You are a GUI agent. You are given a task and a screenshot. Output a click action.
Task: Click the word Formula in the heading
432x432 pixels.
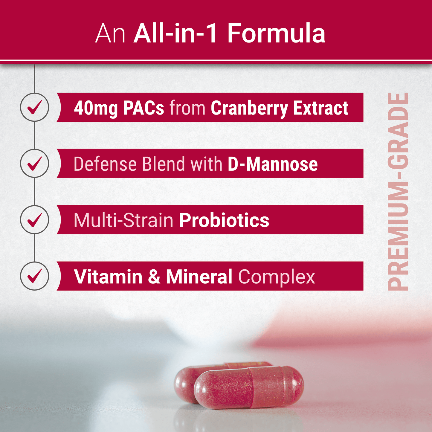[276, 33]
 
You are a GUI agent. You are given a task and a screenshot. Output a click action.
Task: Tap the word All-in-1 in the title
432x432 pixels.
[175, 33]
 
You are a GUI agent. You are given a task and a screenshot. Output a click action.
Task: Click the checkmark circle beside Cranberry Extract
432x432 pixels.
[34, 107]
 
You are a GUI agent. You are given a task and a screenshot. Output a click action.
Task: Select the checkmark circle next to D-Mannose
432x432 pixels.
[34, 163]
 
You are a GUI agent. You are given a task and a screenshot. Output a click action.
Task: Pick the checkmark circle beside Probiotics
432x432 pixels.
[34, 220]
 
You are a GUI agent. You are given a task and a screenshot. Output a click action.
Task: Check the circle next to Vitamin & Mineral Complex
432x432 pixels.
[34, 276]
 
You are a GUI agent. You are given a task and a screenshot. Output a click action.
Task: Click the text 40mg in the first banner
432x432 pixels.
[96, 108]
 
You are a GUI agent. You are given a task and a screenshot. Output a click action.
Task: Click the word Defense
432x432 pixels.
[105, 164]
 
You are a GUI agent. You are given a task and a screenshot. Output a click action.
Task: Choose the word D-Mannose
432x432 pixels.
[272, 164]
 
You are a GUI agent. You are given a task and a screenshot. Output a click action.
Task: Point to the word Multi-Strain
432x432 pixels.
[123, 220]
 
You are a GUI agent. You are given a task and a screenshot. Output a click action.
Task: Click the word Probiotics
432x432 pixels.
[224, 220]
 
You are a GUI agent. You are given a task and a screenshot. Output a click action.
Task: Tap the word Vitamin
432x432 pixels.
[108, 277]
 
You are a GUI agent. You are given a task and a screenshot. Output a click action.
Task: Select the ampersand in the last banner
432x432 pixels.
[154, 277]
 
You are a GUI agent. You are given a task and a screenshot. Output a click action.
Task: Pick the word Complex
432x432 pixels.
[277, 277]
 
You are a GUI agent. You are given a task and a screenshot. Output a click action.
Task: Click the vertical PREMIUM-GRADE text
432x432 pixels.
[398, 191]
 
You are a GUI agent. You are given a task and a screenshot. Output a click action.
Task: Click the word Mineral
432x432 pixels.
[199, 277]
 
